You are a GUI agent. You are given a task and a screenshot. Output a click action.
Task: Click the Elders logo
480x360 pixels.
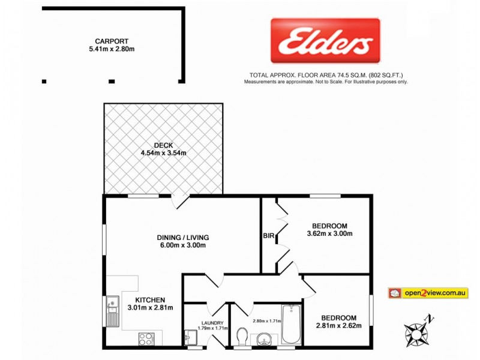325,41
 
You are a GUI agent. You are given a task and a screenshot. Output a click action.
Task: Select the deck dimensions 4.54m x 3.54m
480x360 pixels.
163,153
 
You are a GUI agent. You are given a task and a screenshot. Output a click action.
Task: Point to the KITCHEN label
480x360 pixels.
150,299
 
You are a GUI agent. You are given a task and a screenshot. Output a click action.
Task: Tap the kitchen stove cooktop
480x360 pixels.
147,338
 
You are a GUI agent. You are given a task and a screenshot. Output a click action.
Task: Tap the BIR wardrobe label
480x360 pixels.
268,236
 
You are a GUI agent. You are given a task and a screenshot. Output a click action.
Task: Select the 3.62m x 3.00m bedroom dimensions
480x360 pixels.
329,233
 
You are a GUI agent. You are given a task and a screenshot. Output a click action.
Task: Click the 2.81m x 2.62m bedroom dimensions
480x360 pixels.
338,326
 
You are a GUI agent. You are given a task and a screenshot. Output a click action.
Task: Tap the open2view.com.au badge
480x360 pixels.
428,293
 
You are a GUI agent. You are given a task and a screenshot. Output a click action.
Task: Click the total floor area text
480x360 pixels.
326,76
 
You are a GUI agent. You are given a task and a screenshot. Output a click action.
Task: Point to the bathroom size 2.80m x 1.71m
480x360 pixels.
267,320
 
